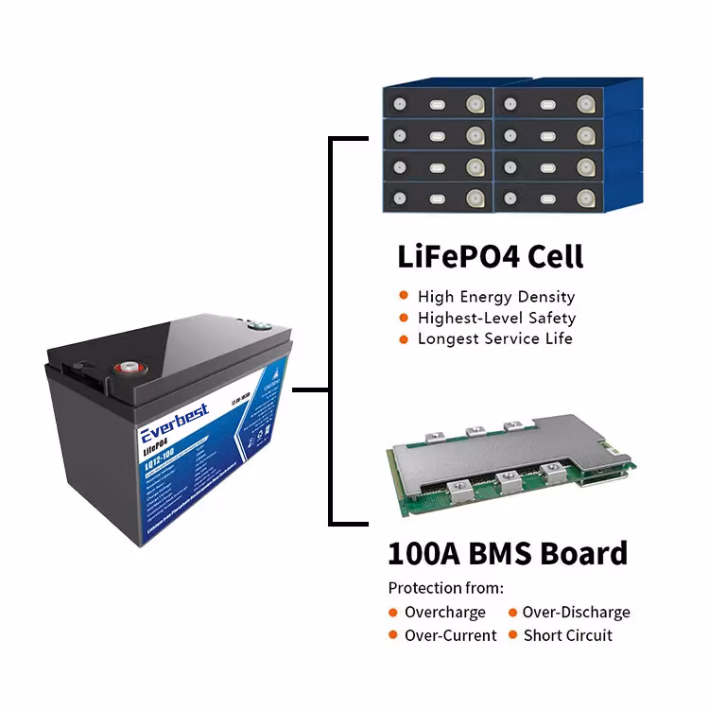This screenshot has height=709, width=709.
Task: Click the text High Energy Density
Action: [x=495, y=297]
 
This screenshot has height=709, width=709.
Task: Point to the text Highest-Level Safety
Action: [x=496, y=318]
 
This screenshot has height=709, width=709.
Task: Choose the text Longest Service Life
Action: [x=494, y=338]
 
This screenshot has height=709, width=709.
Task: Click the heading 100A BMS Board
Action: [x=508, y=552]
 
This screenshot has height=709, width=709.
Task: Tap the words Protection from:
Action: [x=446, y=587]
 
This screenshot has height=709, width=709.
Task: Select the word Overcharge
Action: [x=444, y=613]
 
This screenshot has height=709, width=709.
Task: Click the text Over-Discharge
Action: [x=576, y=613]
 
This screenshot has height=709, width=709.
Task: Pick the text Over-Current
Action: [x=450, y=635]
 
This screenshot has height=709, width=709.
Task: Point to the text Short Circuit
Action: [x=567, y=635]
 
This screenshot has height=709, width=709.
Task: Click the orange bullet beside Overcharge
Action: [x=392, y=613]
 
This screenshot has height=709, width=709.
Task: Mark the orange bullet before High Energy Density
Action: [x=404, y=297]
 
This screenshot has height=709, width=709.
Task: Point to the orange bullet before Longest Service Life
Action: [x=404, y=338]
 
